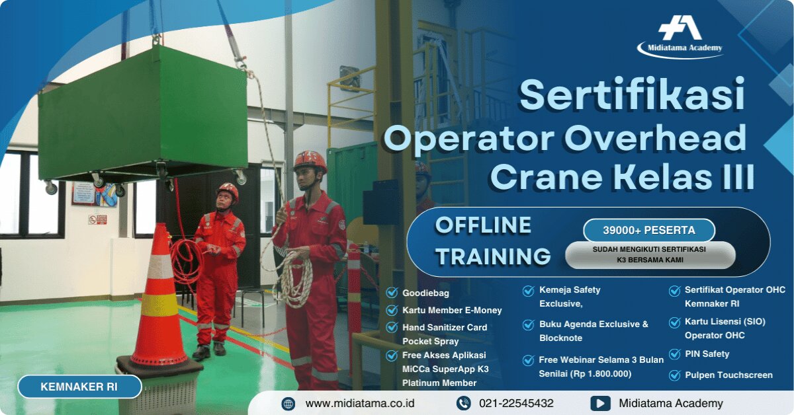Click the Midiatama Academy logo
click(x=680, y=36)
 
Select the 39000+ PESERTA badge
click(x=648, y=231)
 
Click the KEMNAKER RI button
click(x=79, y=387)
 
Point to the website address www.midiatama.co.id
click(x=360, y=403)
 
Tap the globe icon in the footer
click(x=288, y=403)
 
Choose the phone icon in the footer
click(x=463, y=403)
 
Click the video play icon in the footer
click(x=599, y=403)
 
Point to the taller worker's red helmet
click(x=310, y=160)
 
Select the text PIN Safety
click(x=707, y=354)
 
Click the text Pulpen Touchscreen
click(x=728, y=375)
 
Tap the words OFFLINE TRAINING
click(x=493, y=240)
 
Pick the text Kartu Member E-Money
click(x=452, y=310)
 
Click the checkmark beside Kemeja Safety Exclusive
click(x=529, y=291)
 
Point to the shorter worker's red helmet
click(x=228, y=190)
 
